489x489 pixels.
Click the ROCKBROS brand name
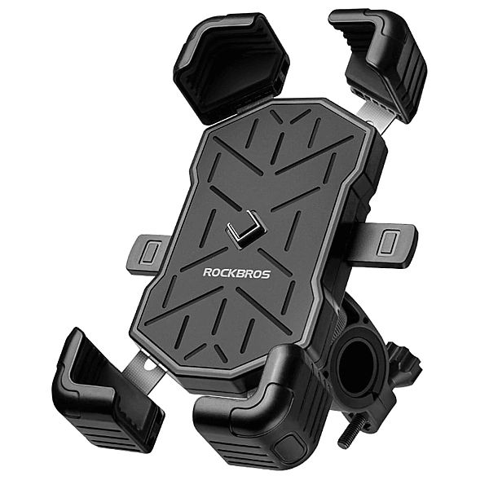tap(236, 273)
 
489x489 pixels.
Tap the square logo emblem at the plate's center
tap(246, 229)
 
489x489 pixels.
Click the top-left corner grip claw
tap(231, 67)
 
